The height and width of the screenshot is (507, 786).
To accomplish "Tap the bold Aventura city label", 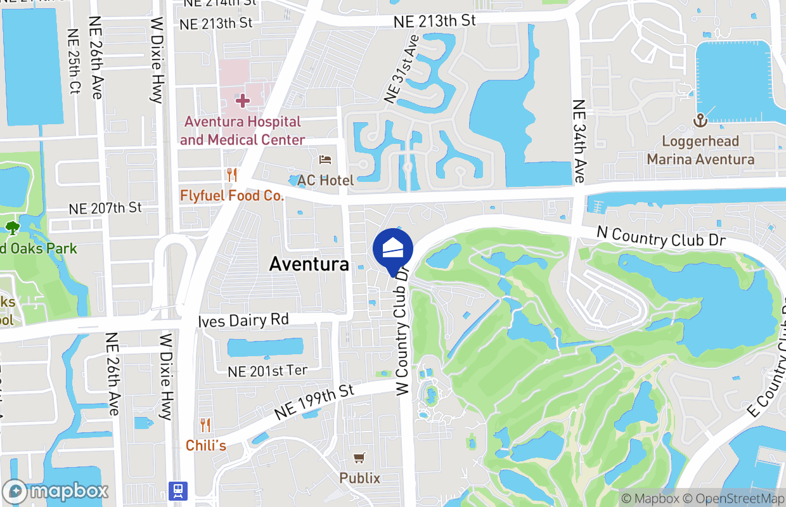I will point(309,264).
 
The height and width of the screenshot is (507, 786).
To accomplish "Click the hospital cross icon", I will point(242,100).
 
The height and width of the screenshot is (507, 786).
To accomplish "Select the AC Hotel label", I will point(325,181).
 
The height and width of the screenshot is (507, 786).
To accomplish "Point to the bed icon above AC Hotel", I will point(325,159).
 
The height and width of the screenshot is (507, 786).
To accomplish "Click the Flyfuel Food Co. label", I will point(232,196).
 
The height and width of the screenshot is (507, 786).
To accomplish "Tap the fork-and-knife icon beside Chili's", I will point(205,425).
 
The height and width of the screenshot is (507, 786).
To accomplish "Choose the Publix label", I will point(359,478).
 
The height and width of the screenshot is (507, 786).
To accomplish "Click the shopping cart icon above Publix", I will point(359,457).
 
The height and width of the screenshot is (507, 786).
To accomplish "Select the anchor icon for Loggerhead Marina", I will point(700,120).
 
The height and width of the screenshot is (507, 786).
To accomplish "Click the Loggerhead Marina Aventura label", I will point(700,150).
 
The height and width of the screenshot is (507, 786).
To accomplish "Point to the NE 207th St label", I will point(105,208).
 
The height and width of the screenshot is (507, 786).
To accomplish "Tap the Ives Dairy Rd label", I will point(243,320).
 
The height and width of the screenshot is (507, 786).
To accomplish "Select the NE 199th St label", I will point(314,402).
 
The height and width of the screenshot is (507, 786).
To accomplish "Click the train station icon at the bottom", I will point(178,491).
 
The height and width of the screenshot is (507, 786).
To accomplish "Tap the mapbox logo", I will point(56,491).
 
